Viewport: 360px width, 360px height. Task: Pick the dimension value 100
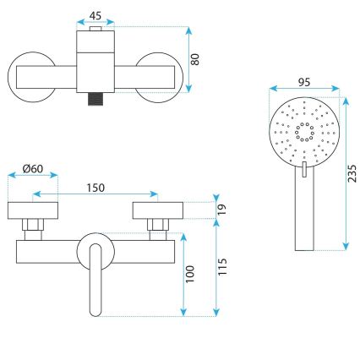coord(191,273)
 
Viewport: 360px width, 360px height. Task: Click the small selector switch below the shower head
coord(303,171)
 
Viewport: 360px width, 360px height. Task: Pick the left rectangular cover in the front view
coord(32,210)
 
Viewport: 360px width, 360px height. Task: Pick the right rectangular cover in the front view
coord(155,210)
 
